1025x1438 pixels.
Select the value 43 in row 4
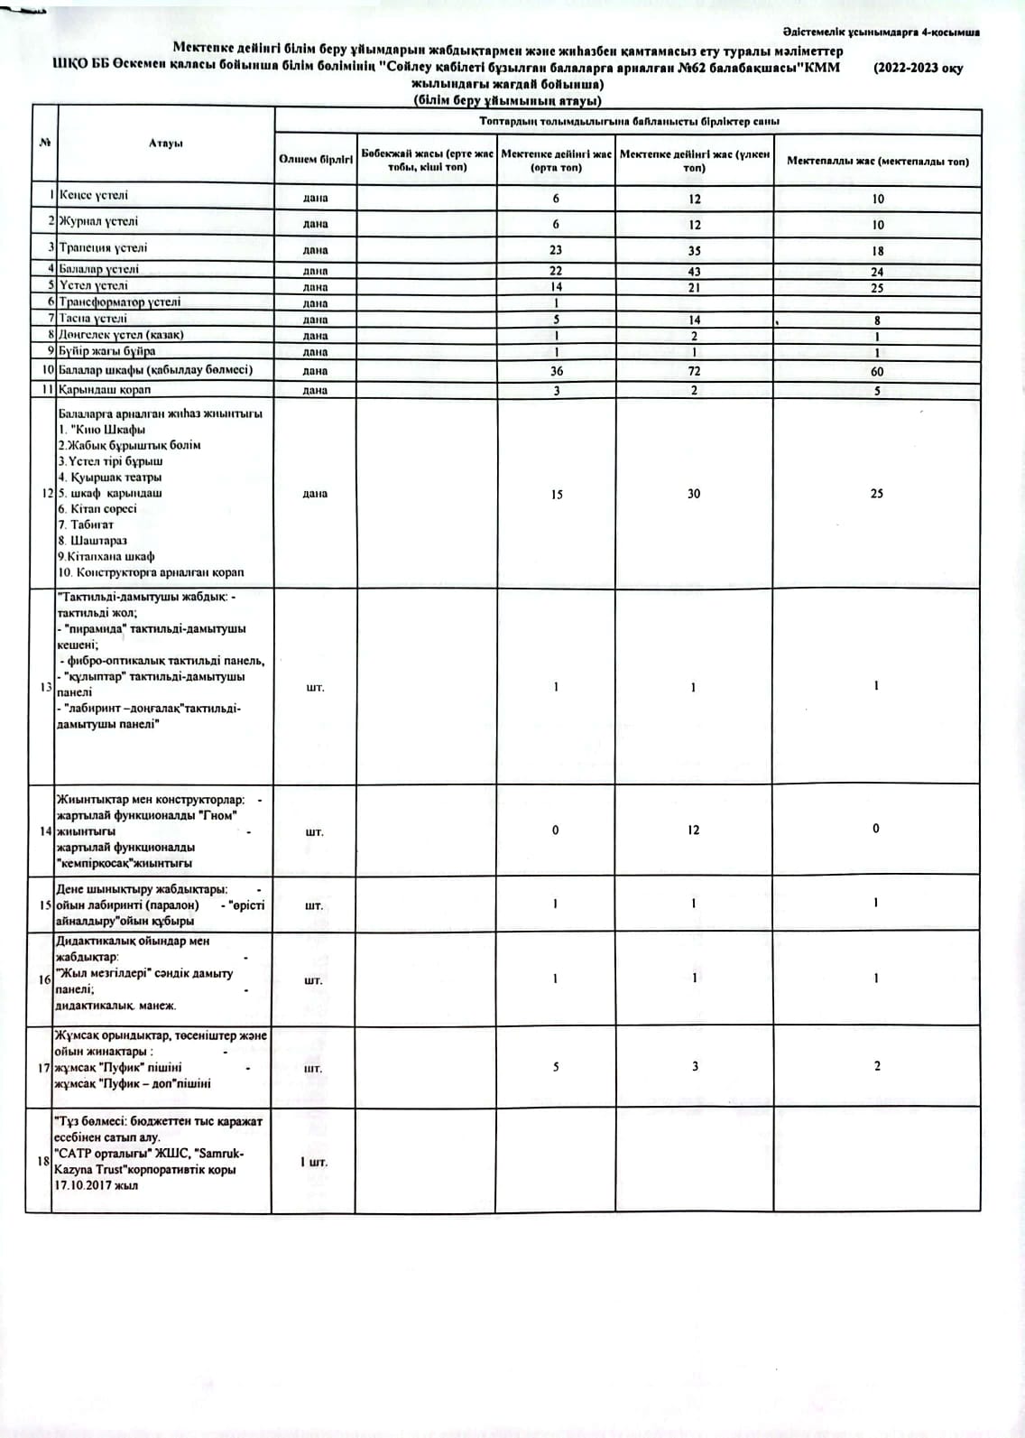point(694,271)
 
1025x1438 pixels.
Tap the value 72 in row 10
point(694,371)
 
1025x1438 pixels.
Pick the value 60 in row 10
point(877,371)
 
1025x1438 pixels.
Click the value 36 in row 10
point(557,371)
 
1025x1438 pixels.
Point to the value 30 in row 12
point(694,494)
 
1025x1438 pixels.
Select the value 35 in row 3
point(694,251)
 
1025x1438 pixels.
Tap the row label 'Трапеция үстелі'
point(103,247)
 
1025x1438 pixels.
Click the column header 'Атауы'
point(166,143)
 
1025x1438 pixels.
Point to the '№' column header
point(44,143)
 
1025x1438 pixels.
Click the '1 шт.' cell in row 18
point(314,1162)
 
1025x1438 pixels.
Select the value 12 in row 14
point(693,830)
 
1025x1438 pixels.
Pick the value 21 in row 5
point(694,287)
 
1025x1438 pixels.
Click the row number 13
point(46,688)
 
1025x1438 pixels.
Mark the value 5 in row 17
point(556,1067)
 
